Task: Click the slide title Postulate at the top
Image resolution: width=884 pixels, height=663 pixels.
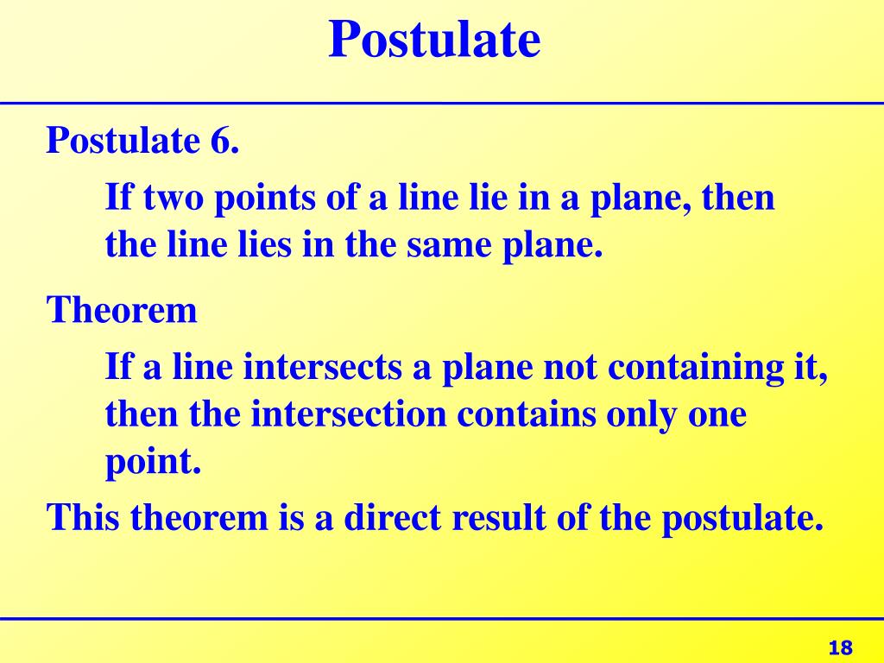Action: [x=434, y=40]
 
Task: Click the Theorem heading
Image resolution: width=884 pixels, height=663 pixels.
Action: [x=122, y=310]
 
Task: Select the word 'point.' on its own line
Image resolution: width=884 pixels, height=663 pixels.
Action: [x=153, y=464]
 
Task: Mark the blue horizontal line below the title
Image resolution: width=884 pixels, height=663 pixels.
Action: [x=442, y=103]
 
